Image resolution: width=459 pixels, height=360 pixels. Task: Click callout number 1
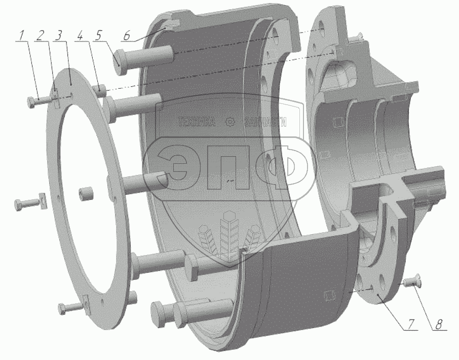pos(21,35)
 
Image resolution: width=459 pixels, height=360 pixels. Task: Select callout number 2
pos(40,35)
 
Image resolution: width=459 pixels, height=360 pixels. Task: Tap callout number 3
pos(59,35)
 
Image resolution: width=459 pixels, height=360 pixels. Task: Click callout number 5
pos(98,35)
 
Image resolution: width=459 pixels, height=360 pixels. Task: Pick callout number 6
pos(127,35)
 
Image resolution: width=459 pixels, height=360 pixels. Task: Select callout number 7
pos(411,324)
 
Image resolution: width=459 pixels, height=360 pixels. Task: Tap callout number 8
pos(438,324)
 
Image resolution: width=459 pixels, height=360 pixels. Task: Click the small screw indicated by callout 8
pos(411,280)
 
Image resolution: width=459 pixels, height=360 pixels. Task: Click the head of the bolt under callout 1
pos(31,102)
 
